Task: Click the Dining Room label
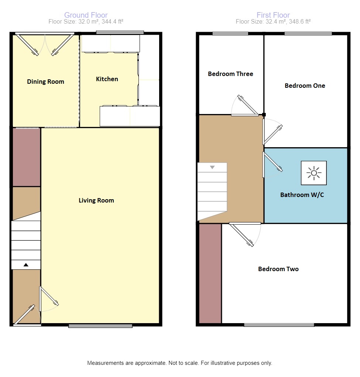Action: coord(45,82)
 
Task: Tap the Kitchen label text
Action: coord(107,79)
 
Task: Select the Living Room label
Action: coord(96,201)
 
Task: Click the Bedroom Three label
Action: coord(230,74)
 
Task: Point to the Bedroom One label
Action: coord(305,86)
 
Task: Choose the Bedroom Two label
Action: coord(278,269)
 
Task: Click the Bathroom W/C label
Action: coord(302,195)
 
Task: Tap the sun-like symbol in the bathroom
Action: coord(314,173)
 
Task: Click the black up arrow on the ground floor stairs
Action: coord(26,265)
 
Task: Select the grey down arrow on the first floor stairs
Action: coord(212,167)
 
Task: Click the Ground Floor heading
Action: coord(86,15)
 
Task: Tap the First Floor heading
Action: coord(273,15)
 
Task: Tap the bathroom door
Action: coord(273,163)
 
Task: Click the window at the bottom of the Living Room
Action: coord(100,326)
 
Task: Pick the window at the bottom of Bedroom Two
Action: coord(279,325)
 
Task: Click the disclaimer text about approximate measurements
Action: coord(179,363)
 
